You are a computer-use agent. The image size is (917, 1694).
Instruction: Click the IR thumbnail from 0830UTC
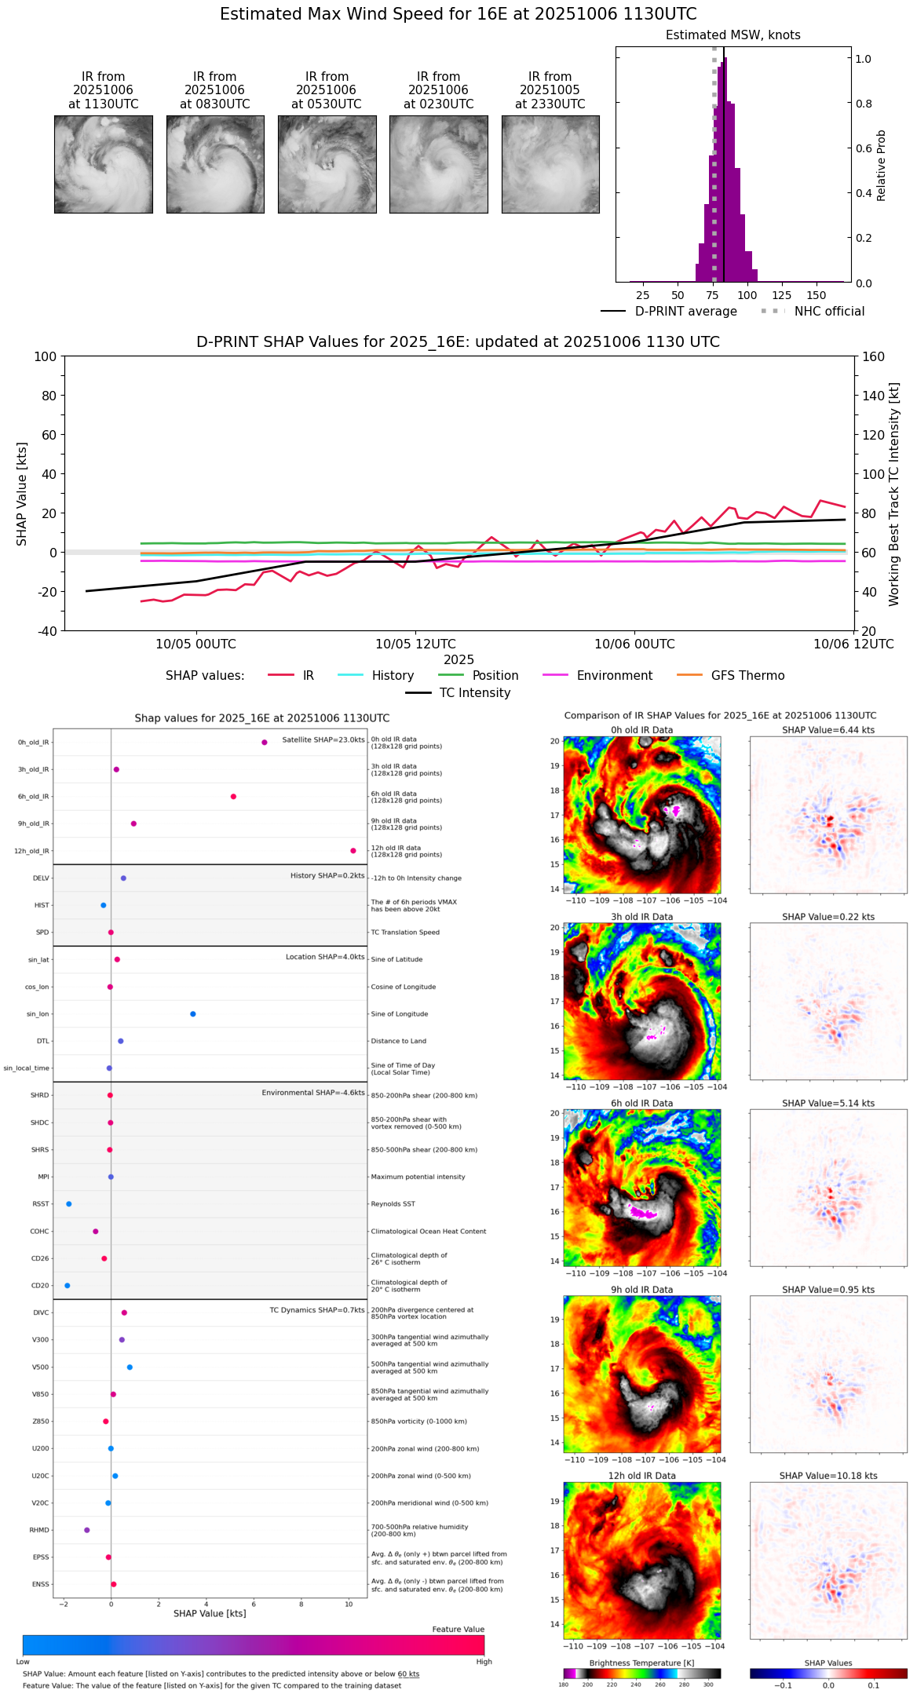[215, 164]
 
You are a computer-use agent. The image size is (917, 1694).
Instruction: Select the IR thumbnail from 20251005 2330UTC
[550, 164]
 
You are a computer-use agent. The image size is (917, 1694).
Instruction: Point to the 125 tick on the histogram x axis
[782, 295]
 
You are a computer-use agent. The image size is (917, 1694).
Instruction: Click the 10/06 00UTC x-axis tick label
[634, 644]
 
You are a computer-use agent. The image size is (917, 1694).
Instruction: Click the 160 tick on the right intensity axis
[874, 357]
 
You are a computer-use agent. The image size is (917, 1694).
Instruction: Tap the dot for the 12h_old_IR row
[353, 851]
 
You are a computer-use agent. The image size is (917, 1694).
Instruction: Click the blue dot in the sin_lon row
[193, 1014]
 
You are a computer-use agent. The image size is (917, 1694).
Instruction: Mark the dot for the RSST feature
[69, 1204]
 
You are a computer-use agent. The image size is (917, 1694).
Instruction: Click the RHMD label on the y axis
[39, 1530]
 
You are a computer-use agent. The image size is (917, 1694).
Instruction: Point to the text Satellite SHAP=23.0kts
[323, 740]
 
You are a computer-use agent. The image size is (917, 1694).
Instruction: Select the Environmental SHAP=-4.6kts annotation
[313, 1093]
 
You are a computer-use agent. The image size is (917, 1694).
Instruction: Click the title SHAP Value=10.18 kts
[828, 1476]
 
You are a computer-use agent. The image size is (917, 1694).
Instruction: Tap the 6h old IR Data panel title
[641, 1104]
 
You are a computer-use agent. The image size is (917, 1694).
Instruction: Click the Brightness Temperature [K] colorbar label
[641, 1663]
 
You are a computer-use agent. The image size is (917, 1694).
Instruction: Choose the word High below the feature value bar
[484, 1662]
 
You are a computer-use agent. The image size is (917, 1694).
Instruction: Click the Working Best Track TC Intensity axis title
[894, 495]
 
